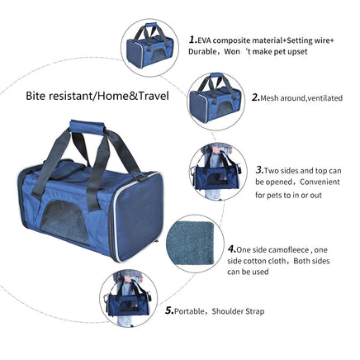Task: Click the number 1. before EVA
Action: [193, 40]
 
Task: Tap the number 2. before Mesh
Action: [256, 97]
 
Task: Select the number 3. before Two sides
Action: [259, 170]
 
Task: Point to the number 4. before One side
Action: [232, 249]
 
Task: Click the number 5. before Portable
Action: [169, 311]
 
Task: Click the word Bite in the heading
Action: [35, 96]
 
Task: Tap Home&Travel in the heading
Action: [133, 96]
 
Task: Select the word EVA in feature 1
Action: [204, 40]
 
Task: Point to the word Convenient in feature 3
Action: [320, 182]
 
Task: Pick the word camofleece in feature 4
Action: [288, 250]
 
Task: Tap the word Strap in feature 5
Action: [255, 311]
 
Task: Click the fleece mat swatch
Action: [190, 243]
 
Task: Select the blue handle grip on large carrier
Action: [88, 127]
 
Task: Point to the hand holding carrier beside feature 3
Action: [216, 150]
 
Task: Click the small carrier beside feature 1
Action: [150, 45]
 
